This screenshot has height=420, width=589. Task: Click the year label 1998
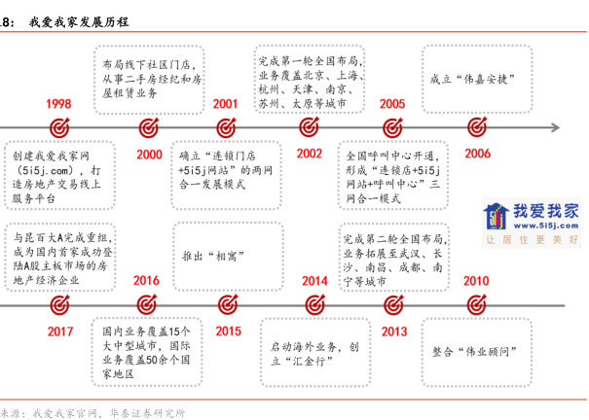58,104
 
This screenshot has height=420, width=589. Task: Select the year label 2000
149,154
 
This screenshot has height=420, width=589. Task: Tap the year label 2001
226,104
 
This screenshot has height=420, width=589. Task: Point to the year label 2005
393,104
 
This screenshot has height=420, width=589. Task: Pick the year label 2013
393,331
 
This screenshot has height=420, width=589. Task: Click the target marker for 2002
310,127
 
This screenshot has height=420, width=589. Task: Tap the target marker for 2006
477,127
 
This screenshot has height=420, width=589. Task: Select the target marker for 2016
146,304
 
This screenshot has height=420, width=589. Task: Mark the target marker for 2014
313,304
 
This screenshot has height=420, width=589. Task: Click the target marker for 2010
475,304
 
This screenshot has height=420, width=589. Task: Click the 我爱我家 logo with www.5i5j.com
531,225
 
